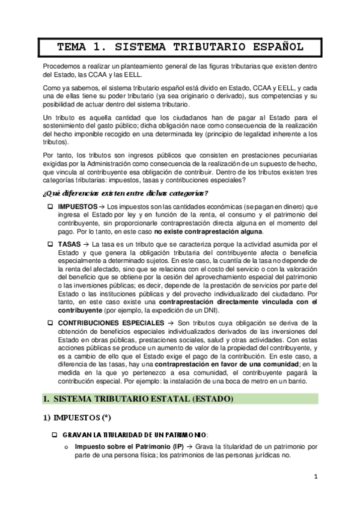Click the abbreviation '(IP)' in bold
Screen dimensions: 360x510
(177, 447)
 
